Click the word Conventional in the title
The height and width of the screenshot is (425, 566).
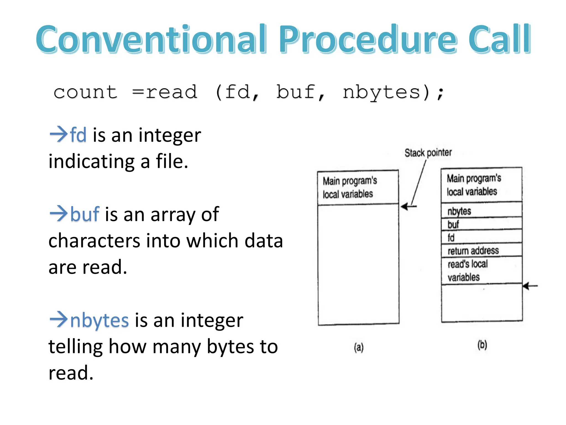[151, 39]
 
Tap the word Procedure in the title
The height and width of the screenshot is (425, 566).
[368, 39]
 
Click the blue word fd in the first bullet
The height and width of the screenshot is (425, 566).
[78, 135]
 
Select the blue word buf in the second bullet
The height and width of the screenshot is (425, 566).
[85, 214]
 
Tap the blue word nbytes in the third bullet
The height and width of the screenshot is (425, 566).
[99, 320]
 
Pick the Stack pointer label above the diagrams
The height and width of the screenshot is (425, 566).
[428, 153]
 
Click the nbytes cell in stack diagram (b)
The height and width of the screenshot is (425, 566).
[481, 211]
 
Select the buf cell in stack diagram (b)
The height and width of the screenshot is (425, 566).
[481, 224]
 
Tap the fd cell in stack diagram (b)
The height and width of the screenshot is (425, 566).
[481, 237]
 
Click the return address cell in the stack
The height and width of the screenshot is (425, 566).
[481, 250]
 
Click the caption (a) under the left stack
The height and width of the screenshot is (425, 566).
[359, 347]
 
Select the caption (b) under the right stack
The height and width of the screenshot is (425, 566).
[482, 345]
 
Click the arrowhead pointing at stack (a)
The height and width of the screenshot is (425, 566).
[405, 206]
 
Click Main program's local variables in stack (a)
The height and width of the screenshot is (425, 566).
[350, 188]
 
